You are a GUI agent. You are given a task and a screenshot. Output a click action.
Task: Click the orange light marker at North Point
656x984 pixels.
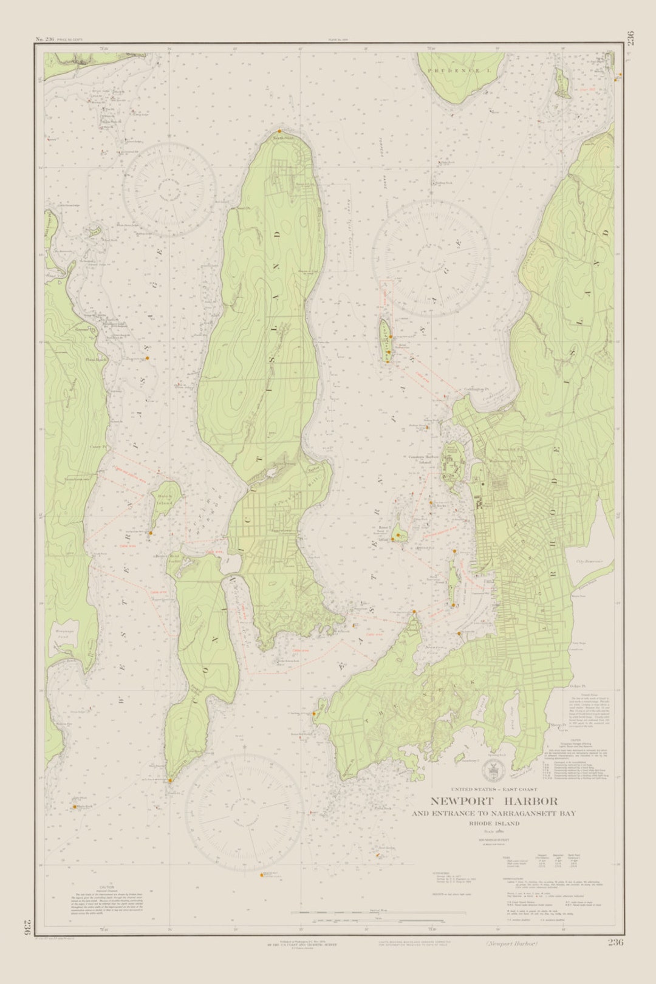click(x=279, y=131)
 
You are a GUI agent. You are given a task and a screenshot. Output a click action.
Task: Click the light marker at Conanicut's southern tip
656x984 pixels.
click(x=171, y=781)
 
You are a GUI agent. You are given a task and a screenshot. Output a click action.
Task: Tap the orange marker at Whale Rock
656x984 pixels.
click(x=75, y=807)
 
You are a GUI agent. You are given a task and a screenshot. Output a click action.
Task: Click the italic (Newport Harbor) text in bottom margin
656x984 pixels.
click(x=511, y=943)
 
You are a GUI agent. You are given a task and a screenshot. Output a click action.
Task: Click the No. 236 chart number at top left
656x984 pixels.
click(x=46, y=39)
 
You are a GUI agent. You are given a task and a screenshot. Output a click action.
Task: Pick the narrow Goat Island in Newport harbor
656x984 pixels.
click(x=453, y=583)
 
